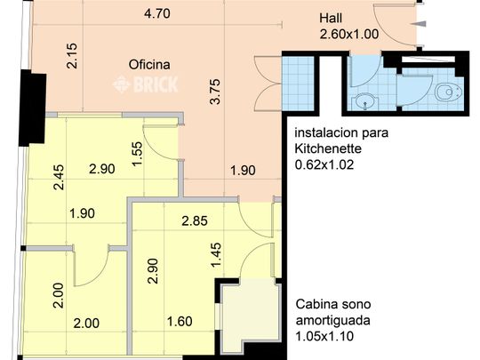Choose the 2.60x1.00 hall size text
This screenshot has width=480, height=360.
click(349, 35)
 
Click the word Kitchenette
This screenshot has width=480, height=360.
click(325, 149)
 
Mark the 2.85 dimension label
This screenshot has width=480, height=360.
click(196, 221)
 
